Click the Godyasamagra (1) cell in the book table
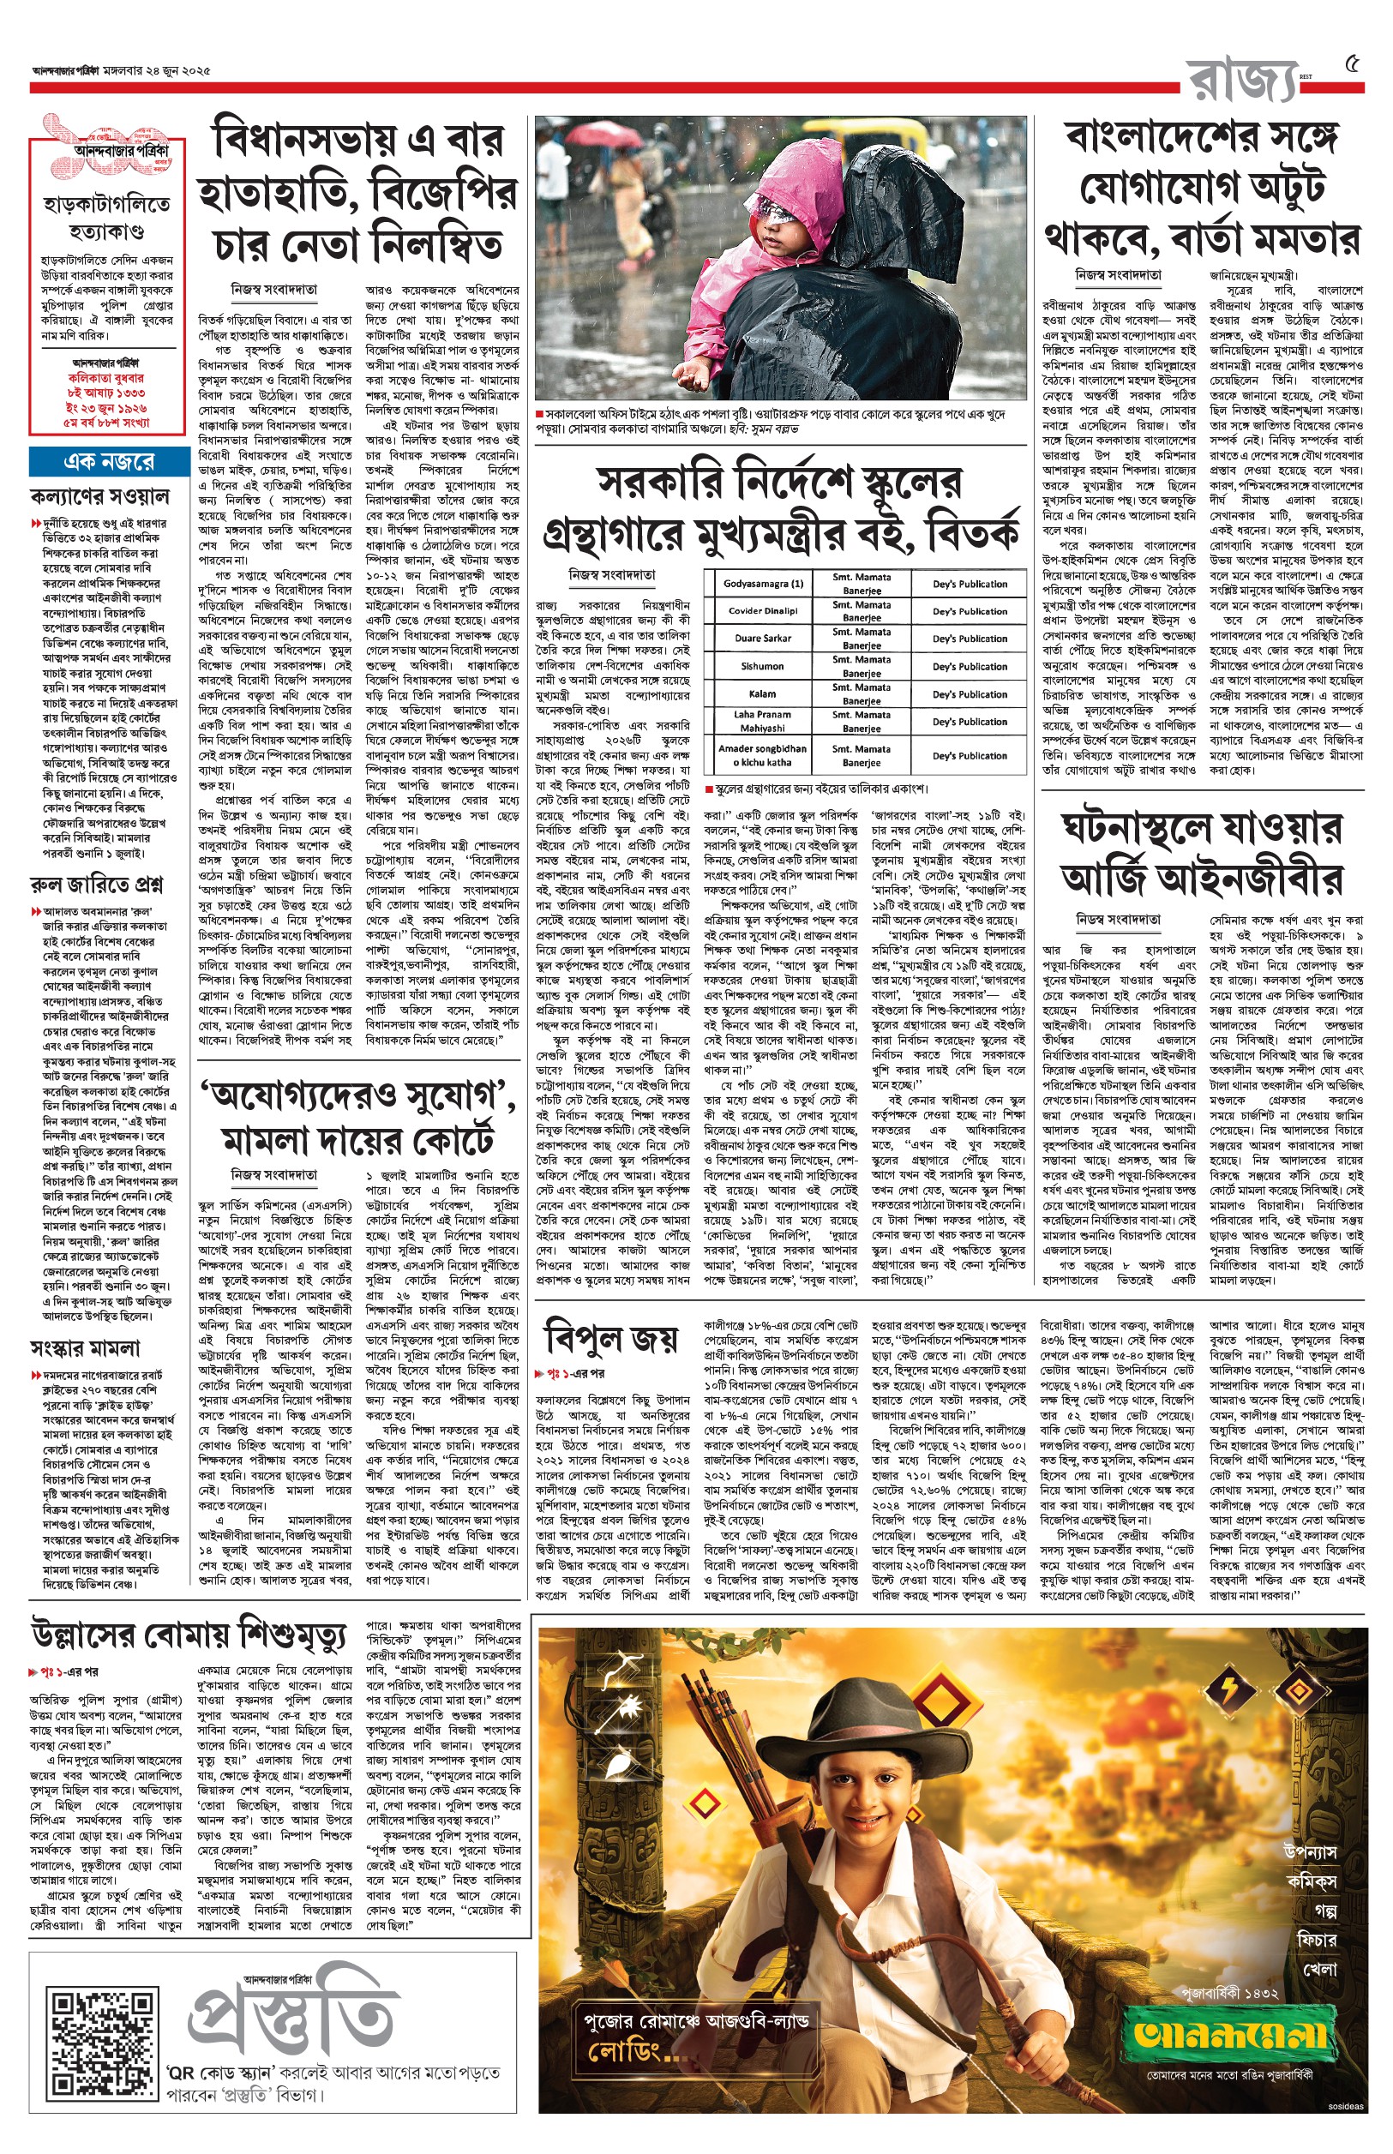coord(763,585)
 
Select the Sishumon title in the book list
coord(763,667)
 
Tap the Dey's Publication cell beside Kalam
coord(970,694)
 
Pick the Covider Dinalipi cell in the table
coord(763,611)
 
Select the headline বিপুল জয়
coord(609,1337)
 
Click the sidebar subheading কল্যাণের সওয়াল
coord(99,496)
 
